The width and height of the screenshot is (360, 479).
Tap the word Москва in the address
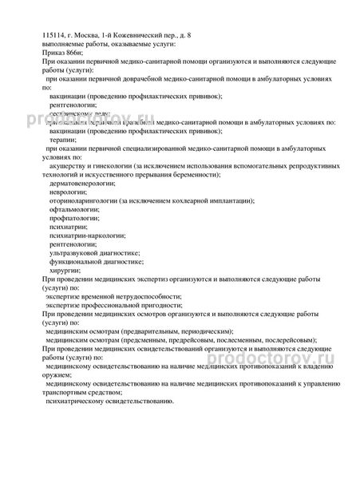[x=94, y=36]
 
